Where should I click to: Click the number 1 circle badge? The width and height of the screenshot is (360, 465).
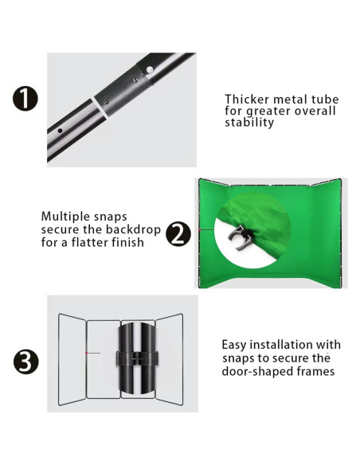pyautogui.click(x=25, y=99)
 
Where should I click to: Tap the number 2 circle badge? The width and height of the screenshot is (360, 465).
pyautogui.click(x=178, y=234)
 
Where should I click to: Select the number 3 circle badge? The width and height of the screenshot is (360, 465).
pyautogui.click(x=25, y=361)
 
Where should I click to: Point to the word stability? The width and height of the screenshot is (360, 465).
pyautogui.click(x=249, y=122)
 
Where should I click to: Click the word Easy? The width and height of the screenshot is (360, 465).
pyautogui.click(x=234, y=346)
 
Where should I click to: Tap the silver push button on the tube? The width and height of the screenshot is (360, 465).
pyautogui.click(x=150, y=70)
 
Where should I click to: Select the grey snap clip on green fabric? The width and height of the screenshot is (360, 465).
pyautogui.click(x=240, y=237)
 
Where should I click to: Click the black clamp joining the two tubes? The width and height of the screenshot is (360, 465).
pyautogui.click(x=138, y=358)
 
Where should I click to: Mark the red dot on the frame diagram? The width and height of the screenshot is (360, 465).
pyautogui.click(x=86, y=353)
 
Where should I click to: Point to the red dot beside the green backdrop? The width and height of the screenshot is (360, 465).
pyautogui.click(x=200, y=229)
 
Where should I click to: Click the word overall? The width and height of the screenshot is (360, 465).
pyautogui.click(x=315, y=111)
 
